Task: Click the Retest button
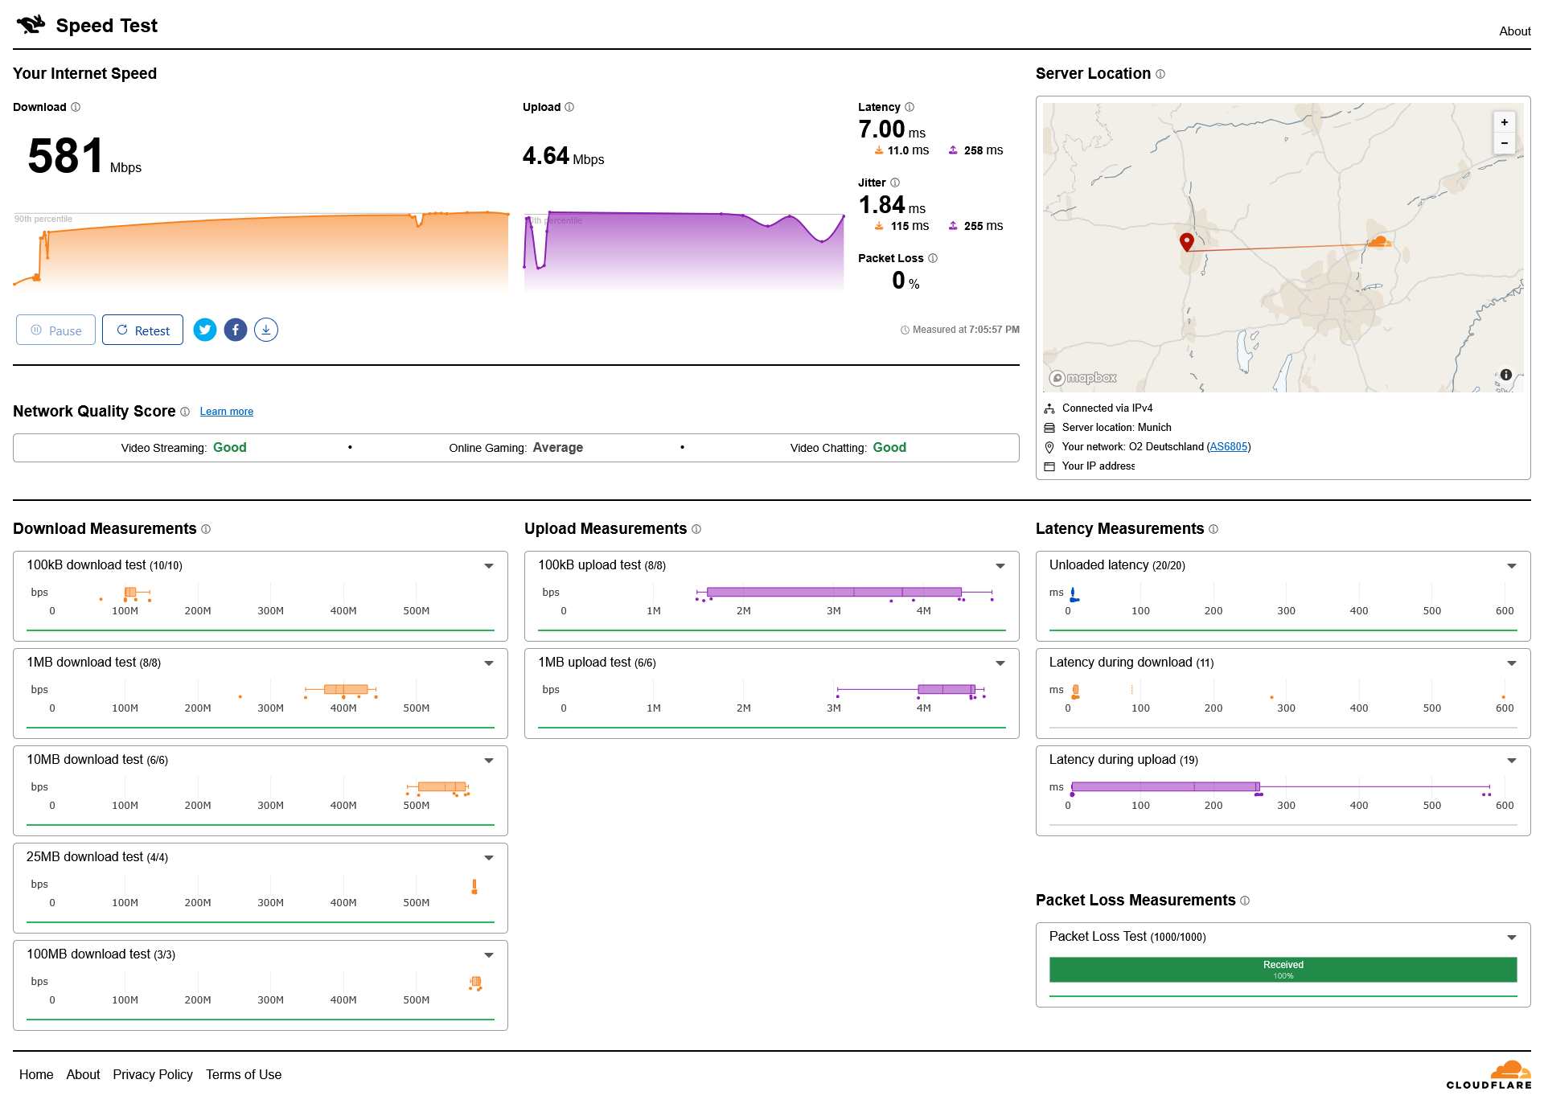pyautogui.click(x=142, y=330)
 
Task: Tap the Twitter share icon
pyautogui.click(x=205, y=330)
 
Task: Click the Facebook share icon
pyautogui.click(x=236, y=330)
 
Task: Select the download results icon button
pyautogui.click(x=266, y=330)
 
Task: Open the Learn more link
pyautogui.click(x=227, y=412)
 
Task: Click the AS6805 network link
pyautogui.click(x=1229, y=447)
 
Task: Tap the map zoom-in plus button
pyautogui.click(x=1504, y=122)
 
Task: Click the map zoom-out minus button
pyautogui.click(x=1504, y=143)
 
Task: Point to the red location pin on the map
pyautogui.click(x=1186, y=241)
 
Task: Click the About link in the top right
pyautogui.click(x=1514, y=31)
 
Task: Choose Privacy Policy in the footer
pyautogui.click(x=153, y=1074)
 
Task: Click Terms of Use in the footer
pyautogui.click(x=244, y=1074)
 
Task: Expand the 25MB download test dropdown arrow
pyautogui.click(x=489, y=858)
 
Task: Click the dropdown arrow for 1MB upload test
pyautogui.click(x=1000, y=663)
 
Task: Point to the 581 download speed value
pyautogui.click(x=65, y=156)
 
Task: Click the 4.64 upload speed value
pyautogui.click(x=545, y=155)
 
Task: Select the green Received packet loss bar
pyautogui.click(x=1283, y=970)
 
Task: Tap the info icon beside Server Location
pyautogui.click(x=1160, y=74)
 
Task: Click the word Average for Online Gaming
pyautogui.click(x=558, y=448)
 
